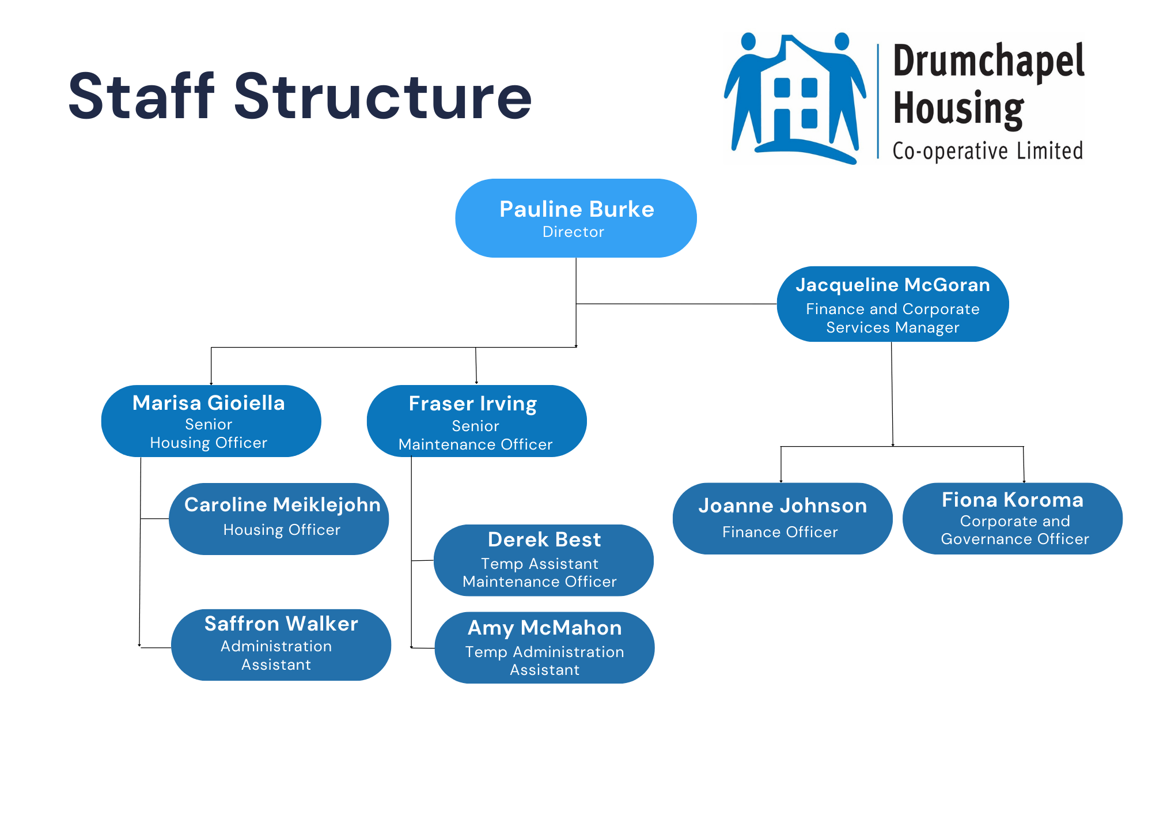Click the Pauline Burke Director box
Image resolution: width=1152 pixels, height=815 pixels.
click(x=575, y=218)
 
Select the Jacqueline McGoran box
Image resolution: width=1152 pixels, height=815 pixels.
click(x=892, y=304)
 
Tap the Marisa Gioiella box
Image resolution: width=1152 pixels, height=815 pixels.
click(x=211, y=421)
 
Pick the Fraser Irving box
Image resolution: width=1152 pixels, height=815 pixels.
click(x=476, y=421)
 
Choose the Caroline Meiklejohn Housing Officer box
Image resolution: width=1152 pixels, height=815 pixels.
click(x=279, y=519)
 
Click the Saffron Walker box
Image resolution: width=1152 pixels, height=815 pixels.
click(x=281, y=644)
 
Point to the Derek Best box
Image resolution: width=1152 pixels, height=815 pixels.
click(x=543, y=560)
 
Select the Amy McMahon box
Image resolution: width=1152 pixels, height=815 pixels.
click(x=544, y=647)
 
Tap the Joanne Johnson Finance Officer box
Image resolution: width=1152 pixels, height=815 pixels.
click(x=782, y=518)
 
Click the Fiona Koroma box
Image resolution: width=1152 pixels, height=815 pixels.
click(x=1012, y=518)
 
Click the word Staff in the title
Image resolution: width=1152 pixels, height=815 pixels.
click(x=142, y=96)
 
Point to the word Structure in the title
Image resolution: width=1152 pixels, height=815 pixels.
click(x=382, y=96)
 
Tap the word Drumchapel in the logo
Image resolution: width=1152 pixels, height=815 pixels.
click(x=988, y=62)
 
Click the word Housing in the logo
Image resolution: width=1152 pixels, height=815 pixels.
click(x=958, y=108)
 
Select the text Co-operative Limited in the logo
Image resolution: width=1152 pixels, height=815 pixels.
click(x=987, y=151)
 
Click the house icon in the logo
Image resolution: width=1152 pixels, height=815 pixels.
click(x=795, y=98)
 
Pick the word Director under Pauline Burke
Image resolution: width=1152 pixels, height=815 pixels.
click(x=573, y=232)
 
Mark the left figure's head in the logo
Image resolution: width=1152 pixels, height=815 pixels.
click(x=748, y=41)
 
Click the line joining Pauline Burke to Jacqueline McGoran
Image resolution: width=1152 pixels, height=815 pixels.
click(x=677, y=304)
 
